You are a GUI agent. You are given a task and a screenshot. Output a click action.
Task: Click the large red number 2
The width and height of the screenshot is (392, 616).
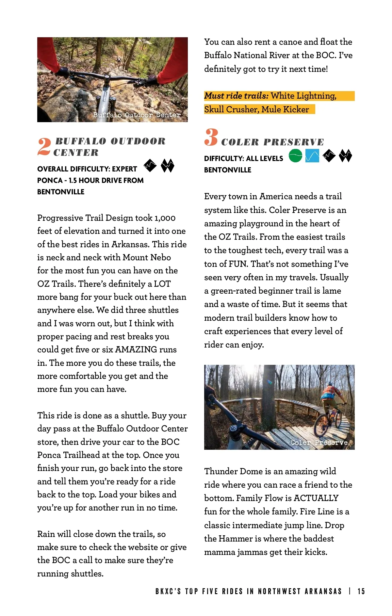tap(44, 147)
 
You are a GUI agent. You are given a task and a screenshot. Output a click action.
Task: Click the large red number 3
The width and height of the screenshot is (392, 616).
tap(211, 137)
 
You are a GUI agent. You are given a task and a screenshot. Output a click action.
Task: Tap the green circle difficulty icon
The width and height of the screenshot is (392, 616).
tap(295, 156)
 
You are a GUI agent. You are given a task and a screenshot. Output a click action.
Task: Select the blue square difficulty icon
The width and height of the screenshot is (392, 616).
tap(312, 156)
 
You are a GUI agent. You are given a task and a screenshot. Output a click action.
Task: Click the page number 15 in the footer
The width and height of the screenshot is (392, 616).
tap(361, 592)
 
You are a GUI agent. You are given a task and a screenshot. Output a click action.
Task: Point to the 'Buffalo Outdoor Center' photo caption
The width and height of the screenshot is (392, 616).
tap(137, 115)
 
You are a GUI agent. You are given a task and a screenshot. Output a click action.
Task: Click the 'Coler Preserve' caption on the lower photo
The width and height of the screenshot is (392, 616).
tap(319, 443)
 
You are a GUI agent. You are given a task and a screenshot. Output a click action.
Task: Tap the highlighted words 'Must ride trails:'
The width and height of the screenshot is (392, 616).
tap(236, 96)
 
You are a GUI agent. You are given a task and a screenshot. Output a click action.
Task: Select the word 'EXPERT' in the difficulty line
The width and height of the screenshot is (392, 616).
tap(124, 169)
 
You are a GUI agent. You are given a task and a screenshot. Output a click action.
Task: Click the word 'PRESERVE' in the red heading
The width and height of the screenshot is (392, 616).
tap(294, 142)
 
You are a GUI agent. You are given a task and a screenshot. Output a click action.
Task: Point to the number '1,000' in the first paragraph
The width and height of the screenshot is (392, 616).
tap(165, 218)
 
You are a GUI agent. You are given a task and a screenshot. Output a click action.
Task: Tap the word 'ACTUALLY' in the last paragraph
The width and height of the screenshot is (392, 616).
tap(316, 498)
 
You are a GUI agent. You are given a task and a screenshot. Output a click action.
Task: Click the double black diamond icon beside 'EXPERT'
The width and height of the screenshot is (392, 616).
tap(168, 166)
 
